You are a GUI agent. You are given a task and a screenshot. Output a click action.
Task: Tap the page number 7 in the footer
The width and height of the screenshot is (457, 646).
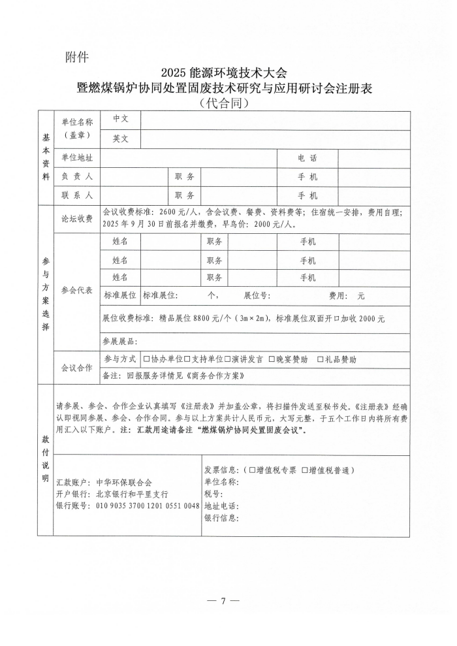pyautogui.click(x=223, y=601)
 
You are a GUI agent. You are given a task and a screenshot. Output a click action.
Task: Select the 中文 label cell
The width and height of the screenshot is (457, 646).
pyautogui.click(x=121, y=119)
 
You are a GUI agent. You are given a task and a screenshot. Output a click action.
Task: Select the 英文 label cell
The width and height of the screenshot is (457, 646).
pyautogui.click(x=121, y=138)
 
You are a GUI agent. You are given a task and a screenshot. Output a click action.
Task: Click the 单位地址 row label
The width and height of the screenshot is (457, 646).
pyautogui.click(x=77, y=158)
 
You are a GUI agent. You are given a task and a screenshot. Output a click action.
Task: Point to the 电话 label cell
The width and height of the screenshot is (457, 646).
pyautogui.click(x=307, y=158)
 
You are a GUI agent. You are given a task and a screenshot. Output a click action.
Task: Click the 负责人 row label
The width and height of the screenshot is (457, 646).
pyautogui.click(x=77, y=177)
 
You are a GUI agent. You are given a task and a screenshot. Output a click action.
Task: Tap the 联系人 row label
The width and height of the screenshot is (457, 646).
pyautogui.click(x=77, y=195)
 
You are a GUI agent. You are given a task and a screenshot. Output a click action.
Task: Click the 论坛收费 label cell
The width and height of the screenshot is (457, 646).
pyautogui.click(x=77, y=219)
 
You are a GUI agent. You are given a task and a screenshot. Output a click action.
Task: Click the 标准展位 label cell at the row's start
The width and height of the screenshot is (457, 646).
pyautogui.click(x=120, y=296)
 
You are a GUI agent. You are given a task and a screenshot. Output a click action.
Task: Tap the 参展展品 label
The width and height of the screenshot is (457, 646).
pyautogui.click(x=119, y=341)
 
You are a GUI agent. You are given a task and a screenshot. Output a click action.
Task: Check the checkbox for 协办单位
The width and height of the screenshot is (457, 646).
pyautogui.click(x=146, y=359)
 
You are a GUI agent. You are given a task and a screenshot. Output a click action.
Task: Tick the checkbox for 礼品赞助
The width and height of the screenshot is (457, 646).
pyautogui.click(x=320, y=359)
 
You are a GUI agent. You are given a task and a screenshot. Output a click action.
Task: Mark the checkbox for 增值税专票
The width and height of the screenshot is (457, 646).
pyautogui.click(x=252, y=470)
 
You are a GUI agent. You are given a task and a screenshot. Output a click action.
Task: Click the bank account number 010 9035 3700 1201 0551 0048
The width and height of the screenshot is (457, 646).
pyautogui.click(x=148, y=506)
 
